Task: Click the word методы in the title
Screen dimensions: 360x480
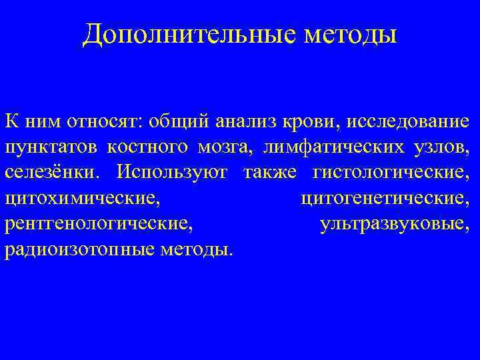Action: [350, 34]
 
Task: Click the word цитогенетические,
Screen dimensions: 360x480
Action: [385, 199]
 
